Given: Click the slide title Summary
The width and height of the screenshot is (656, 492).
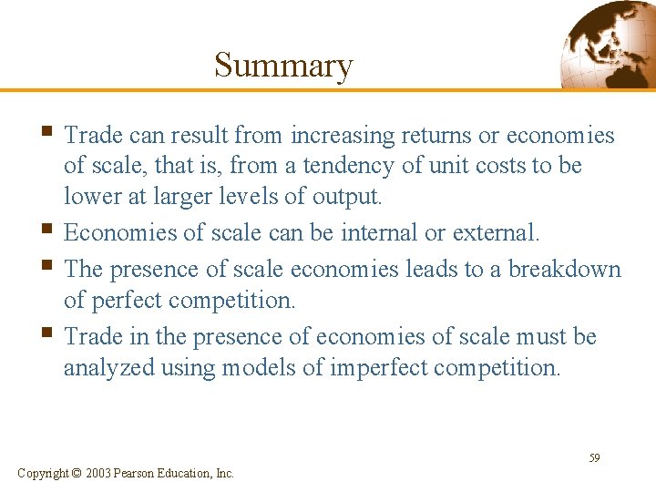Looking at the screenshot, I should [282, 66].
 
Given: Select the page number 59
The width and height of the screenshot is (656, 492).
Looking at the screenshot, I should [594, 457].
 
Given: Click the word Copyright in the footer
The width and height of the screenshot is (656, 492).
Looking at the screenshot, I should [42, 473].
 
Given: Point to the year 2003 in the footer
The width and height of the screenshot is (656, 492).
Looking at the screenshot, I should [99, 473].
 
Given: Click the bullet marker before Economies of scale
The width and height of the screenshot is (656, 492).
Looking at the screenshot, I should [48, 231].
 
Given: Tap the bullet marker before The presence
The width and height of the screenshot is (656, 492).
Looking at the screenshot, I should [48, 268].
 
